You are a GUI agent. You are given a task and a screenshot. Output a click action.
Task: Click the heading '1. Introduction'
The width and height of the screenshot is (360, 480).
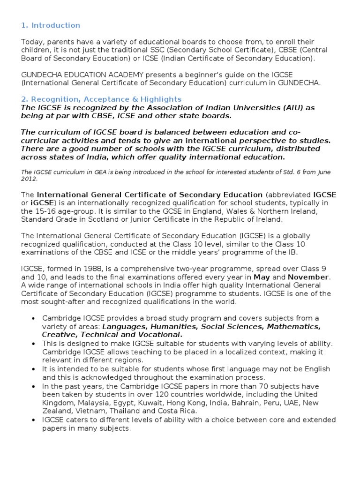click(51, 25)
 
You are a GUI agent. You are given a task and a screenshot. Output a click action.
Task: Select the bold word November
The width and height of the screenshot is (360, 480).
click(308, 277)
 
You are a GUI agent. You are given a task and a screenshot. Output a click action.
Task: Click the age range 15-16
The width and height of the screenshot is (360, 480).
click(43, 211)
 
